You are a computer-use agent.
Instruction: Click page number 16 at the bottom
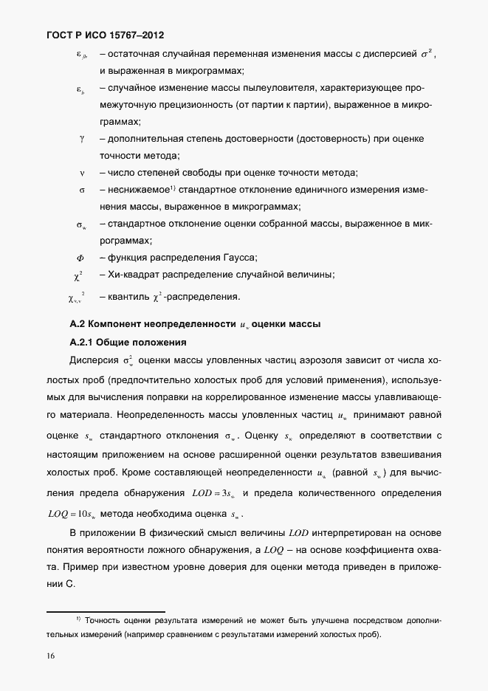click(52, 655)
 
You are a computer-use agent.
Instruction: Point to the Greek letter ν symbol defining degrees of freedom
click(82, 173)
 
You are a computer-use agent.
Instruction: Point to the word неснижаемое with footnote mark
click(140, 190)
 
